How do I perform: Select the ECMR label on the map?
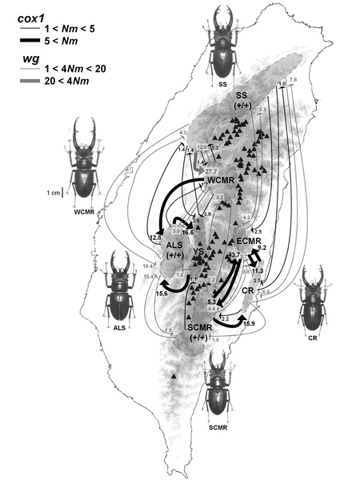[x=250, y=240]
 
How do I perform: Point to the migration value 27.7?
[x=210, y=171]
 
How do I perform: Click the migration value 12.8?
[x=155, y=238]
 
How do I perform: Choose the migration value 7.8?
[x=292, y=81]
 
